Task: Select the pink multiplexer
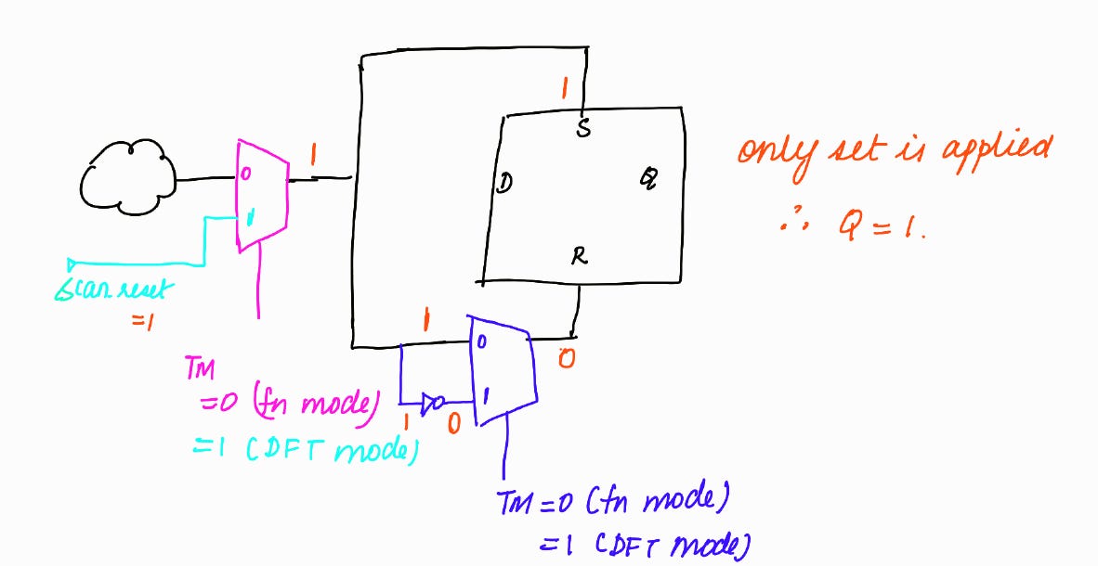(x=262, y=195)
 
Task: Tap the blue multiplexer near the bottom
(x=503, y=368)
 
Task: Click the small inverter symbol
(x=432, y=403)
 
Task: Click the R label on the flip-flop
(x=579, y=257)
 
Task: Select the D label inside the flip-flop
(x=503, y=183)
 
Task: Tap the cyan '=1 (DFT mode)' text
(x=302, y=451)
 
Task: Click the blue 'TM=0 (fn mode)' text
(x=609, y=502)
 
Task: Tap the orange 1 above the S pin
(x=562, y=90)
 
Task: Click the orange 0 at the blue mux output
(x=566, y=357)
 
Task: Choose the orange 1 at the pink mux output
(x=312, y=159)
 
